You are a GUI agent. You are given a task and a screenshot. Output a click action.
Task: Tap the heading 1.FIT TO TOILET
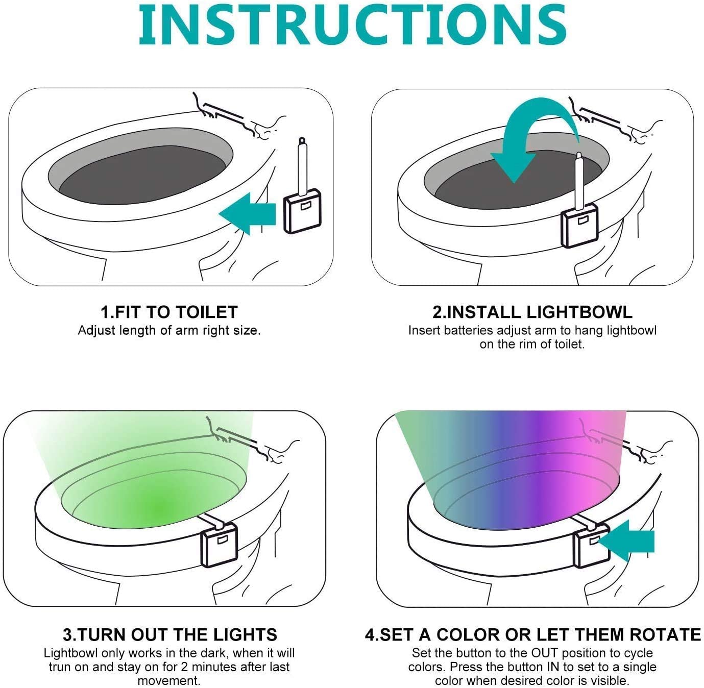(x=169, y=312)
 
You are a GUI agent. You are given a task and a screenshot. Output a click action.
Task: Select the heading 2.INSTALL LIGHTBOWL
(x=532, y=312)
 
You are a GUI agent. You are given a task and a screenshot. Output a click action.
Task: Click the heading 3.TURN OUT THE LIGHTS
(x=169, y=634)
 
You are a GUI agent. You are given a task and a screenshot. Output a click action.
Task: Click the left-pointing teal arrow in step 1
(x=248, y=213)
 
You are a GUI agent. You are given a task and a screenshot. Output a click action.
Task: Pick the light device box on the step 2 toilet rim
(x=579, y=224)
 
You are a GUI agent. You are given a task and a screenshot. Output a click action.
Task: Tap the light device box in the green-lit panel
(x=220, y=545)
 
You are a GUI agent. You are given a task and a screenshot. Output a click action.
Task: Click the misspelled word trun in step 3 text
(x=59, y=667)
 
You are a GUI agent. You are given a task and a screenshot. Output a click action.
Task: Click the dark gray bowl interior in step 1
(x=143, y=179)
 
